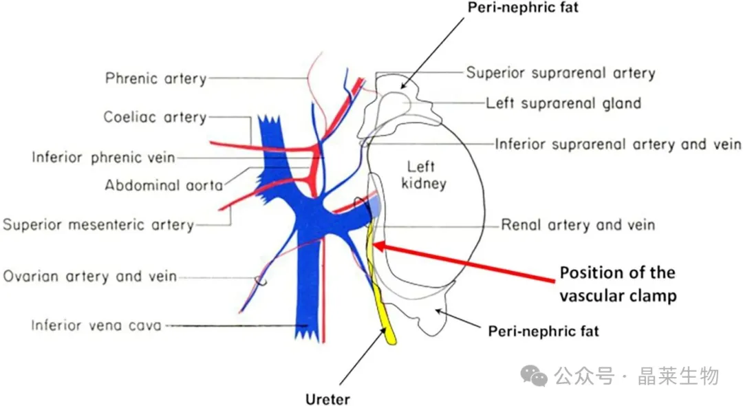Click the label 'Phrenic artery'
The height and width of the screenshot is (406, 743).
(x=155, y=78)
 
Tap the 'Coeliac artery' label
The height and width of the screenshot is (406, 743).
(x=155, y=117)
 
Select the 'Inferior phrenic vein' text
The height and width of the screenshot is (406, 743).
(x=103, y=158)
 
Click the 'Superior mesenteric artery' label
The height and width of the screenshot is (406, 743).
(x=98, y=224)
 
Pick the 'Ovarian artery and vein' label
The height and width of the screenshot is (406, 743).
(x=90, y=277)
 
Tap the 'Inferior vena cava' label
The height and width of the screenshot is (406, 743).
(x=96, y=325)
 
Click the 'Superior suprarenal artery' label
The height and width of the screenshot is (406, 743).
(x=561, y=72)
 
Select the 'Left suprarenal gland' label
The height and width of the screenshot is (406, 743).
(x=563, y=103)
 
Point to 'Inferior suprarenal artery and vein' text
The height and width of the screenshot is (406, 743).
(x=618, y=145)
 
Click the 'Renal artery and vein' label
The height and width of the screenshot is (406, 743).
(x=578, y=224)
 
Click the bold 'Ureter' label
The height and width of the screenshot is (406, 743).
(x=327, y=399)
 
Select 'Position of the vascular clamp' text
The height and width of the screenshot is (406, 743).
(x=617, y=284)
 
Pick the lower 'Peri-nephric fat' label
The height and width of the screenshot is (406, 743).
(x=543, y=331)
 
